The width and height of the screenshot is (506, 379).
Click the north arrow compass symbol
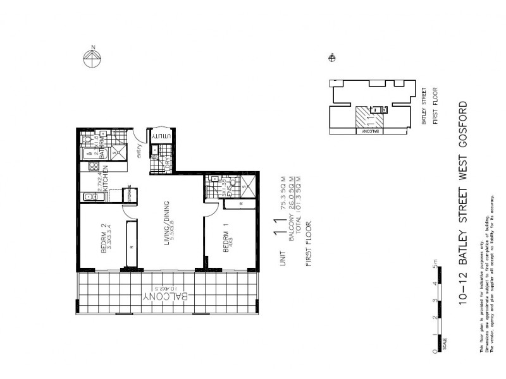click(92, 57)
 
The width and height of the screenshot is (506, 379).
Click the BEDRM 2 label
click(105, 239)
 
